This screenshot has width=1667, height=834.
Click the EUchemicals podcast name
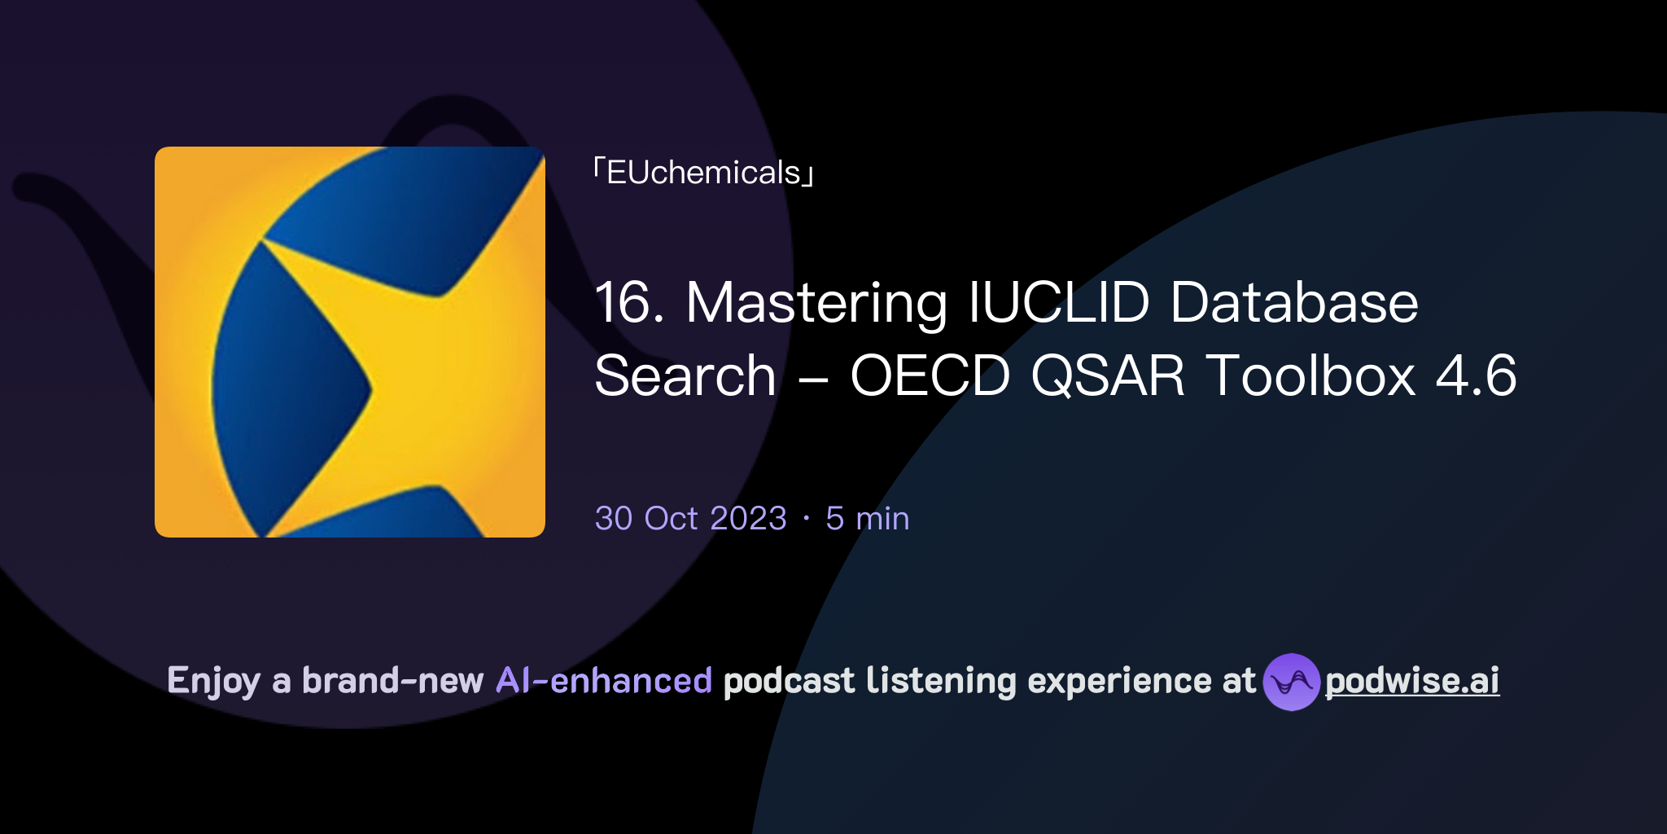tap(704, 173)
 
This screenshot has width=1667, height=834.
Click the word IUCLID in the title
tap(1059, 302)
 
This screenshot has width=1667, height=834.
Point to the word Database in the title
tap(1294, 302)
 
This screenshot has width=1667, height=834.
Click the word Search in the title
tap(685, 376)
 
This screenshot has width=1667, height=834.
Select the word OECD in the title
tap(930, 376)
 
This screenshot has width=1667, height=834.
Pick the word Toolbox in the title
tap(1310, 376)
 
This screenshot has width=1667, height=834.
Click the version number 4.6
tap(1476, 376)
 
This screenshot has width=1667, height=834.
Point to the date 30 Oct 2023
tap(690, 519)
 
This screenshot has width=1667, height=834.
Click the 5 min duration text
tap(867, 519)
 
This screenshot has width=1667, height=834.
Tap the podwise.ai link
tap(1411, 681)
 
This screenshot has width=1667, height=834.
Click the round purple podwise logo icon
tap(1291, 682)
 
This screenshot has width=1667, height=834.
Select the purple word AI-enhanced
tap(604, 681)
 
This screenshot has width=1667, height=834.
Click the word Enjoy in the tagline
tap(213, 682)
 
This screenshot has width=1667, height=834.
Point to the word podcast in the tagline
tap(789, 681)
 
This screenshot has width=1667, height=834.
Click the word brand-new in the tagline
tap(392, 681)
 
